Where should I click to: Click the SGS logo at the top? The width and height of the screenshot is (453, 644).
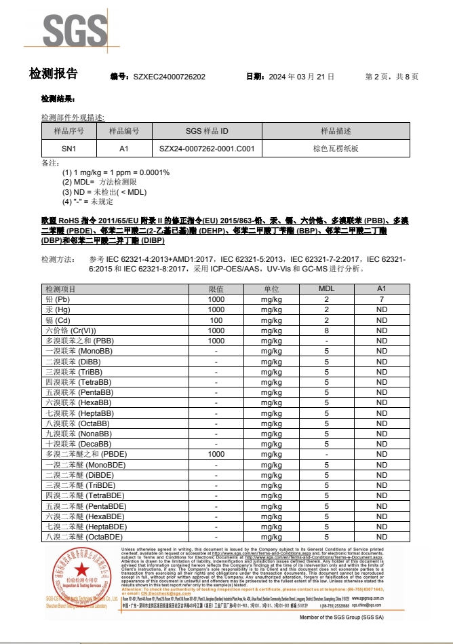point(75,30)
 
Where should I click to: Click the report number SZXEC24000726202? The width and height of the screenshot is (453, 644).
point(169,77)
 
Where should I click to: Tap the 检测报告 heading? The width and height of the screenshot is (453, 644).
point(54,74)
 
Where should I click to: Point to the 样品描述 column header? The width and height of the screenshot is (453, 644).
point(336,131)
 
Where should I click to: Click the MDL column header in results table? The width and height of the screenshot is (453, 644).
point(326,289)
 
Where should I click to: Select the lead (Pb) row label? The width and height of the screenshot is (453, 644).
point(58,299)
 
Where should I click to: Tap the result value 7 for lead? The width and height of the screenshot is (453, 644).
point(382,299)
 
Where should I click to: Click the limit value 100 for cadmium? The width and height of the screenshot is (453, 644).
point(216,320)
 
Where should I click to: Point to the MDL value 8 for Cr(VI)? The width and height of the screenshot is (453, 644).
point(326,330)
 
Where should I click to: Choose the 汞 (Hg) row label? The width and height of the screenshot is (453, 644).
point(58,309)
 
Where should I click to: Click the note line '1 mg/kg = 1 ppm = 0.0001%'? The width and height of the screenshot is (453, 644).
point(115,172)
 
